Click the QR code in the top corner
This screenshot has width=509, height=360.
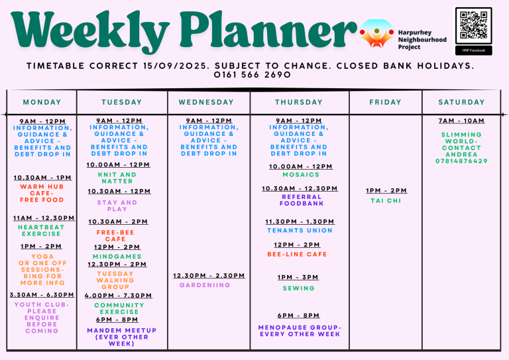(474, 25)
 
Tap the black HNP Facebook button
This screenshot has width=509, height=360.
(474, 50)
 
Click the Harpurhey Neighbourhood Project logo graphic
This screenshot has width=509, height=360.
(376, 33)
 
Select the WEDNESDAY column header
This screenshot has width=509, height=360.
(206, 102)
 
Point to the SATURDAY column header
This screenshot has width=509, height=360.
(461, 102)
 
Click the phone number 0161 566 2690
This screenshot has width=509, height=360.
(253, 75)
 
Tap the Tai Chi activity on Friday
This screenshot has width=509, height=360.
(386, 201)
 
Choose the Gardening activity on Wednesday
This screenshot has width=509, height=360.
(205, 285)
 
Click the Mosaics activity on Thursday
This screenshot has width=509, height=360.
(301, 174)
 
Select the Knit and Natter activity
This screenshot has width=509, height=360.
(117, 178)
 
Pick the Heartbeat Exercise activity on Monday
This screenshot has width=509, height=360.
(41, 231)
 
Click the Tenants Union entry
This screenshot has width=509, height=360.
(300, 231)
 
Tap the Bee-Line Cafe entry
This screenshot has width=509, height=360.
(297, 254)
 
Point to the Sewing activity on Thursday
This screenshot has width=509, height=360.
(299, 288)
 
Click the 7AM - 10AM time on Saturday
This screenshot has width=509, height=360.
(461, 121)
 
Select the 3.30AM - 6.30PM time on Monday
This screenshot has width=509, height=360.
(42, 295)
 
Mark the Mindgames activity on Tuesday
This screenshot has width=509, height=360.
(117, 257)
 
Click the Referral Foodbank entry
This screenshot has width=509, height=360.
(302, 200)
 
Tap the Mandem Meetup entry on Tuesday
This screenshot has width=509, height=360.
(122, 337)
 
